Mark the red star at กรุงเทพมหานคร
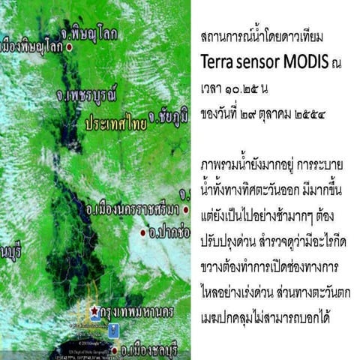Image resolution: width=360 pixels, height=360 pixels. point(93,310)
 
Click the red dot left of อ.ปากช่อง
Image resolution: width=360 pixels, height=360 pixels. point(142,233)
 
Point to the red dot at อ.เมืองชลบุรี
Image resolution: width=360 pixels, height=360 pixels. point(114,349)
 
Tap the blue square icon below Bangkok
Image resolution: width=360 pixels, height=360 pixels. point(114,328)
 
